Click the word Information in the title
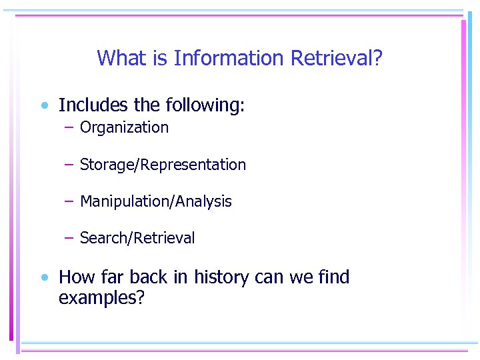click(229, 59)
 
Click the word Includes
click(93, 105)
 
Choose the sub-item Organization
click(124, 128)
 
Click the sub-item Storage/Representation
click(163, 165)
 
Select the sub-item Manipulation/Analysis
click(156, 201)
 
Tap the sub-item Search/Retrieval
click(137, 238)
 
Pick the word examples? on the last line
click(101, 298)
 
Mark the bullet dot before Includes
click(43, 105)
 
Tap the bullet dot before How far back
click(43, 277)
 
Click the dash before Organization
click(69, 127)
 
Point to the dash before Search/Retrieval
click(69, 237)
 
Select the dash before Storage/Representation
click(69, 164)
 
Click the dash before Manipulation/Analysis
click(69, 201)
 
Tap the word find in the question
click(333, 277)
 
